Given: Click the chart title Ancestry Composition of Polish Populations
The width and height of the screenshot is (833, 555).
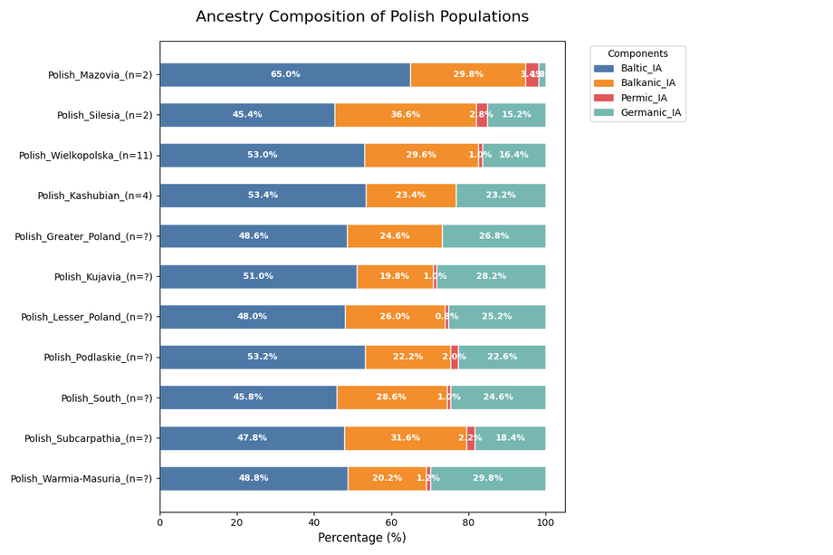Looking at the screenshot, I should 362,17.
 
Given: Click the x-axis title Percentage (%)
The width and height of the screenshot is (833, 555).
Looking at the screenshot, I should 361,538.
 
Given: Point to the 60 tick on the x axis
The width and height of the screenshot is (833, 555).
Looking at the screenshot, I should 391,522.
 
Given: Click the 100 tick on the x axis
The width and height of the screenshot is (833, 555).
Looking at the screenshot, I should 545,522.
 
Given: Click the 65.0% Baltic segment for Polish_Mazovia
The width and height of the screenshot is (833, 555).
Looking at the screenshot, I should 285,75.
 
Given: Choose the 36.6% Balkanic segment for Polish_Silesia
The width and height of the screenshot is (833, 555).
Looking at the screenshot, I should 406,115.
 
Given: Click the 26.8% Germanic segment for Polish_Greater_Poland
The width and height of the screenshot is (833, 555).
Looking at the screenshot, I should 493,236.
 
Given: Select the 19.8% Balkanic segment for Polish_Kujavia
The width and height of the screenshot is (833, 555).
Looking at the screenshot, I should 395,276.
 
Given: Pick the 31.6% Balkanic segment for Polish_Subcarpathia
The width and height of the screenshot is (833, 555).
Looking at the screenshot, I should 405,438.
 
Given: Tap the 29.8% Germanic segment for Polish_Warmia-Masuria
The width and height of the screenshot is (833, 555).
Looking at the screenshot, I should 488,478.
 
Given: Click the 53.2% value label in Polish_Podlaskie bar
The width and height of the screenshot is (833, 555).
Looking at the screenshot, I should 263,357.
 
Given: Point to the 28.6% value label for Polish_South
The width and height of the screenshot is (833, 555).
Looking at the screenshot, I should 391,397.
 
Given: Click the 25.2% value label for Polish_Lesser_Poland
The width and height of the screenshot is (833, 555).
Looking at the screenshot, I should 496,317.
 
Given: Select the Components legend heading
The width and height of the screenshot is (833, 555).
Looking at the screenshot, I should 637,54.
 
